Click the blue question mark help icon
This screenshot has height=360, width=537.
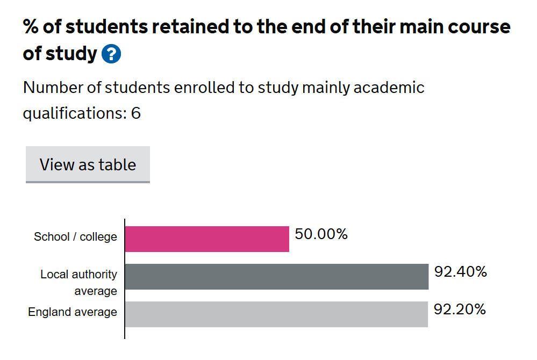(x=111, y=54)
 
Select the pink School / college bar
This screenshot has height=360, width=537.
(x=207, y=239)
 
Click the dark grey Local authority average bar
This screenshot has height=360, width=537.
(x=276, y=277)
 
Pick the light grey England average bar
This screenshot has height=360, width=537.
(x=276, y=314)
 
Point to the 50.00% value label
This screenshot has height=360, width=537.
(x=321, y=235)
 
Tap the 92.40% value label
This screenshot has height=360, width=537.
(x=461, y=272)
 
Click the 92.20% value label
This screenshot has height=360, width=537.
(x=460, y=309)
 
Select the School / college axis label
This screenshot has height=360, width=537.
(x=75, y=237)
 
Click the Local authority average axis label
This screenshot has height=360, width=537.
(x=78, y=283)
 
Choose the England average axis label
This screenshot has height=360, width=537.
(x=73, y=312)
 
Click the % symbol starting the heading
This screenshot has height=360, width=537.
(x=31, y=26)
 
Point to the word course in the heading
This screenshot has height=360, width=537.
(x=474, y=26)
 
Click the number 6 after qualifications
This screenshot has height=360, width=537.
(x=136, y=113)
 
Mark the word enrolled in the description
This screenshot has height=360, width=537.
(x=205, y=88)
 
